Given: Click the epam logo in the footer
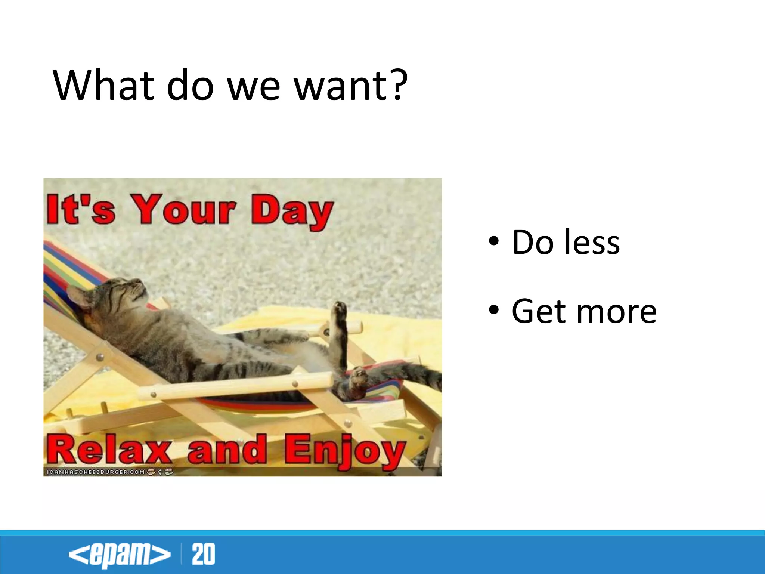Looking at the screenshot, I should pyautogui.click(x=119, y=554).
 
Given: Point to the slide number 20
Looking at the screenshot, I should pyautogui.click(x=204, y=554).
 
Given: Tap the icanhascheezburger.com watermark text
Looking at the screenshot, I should pyautogui.click(x=95, y=472).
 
